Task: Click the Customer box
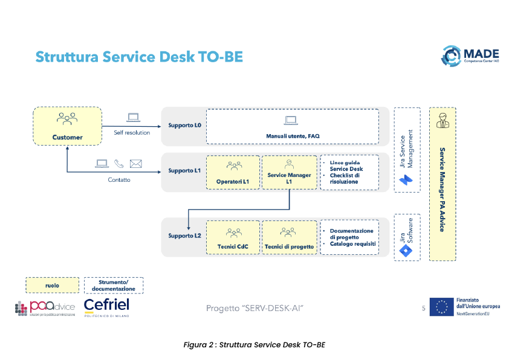(67, 126)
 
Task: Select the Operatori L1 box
(233, 173)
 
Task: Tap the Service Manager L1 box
(289, 173)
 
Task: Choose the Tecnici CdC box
(233, 237)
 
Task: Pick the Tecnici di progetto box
(289, 237)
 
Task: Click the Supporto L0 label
(184, 126)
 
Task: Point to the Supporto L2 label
(184, 236)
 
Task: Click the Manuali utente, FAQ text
(293, 137)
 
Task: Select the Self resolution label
(132, 133)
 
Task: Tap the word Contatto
(118, 180)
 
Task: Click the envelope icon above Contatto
(135, 164)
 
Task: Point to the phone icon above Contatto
(119, 164)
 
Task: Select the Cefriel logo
(106, 307)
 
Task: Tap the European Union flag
(441, 307)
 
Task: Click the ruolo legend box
(52, 285)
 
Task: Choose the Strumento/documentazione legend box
(113, 285)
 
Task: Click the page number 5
(423, 309)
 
